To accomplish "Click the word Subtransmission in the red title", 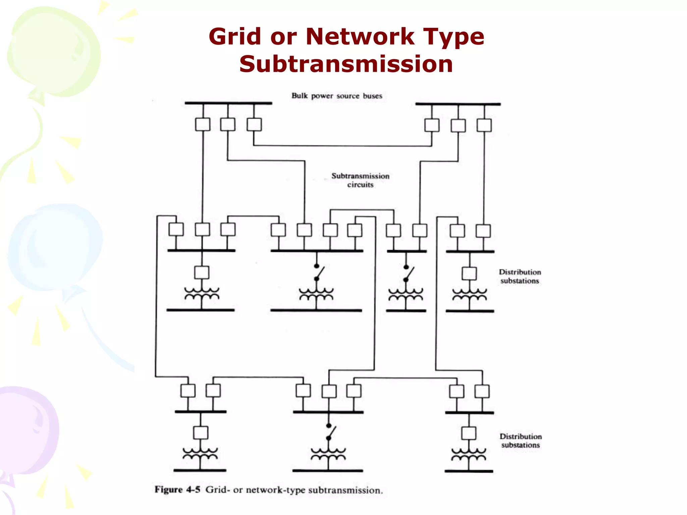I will [x=346, y=64].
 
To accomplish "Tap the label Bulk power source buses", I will [x=337, y=96].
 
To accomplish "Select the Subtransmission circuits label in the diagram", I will [x=360, y=180].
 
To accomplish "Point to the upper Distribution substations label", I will [x=520, y=277].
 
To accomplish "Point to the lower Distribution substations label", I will [x=520, y=441].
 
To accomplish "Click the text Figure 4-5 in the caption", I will [x=177, y=490].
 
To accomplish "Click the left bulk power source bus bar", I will [x=228, y=103].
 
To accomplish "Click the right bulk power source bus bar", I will [x=458, y=104].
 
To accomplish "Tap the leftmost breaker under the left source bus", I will [x=203, y=124].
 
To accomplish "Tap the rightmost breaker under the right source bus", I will [x=484, y=125].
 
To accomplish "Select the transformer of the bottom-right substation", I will [x=469, y=454].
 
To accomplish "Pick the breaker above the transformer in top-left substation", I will [x=202, y=273].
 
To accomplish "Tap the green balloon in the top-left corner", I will [x=54, y=50].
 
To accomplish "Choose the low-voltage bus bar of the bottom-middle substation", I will [x=328, y=471].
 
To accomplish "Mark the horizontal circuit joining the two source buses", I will [x=342, y=146].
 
